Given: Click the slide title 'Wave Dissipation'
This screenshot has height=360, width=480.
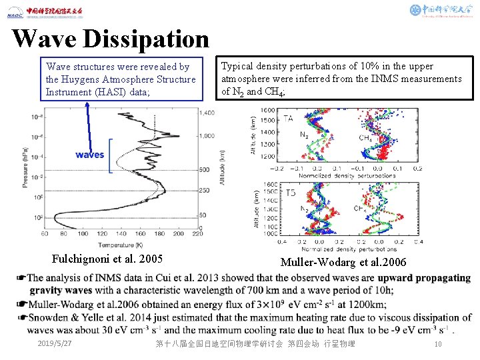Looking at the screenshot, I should (111, 39).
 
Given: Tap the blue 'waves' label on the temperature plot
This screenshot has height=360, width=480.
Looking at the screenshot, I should (90, 155).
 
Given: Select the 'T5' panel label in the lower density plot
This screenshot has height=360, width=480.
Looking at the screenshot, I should (289, 193).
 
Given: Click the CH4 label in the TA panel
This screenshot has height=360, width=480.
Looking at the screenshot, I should (365, 138).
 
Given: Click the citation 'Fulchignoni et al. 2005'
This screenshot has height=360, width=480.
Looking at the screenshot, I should (107, 259).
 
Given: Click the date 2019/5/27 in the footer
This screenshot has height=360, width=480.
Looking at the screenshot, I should (55, 343).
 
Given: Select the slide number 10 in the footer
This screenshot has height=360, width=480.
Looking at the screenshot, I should (437, 343).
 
